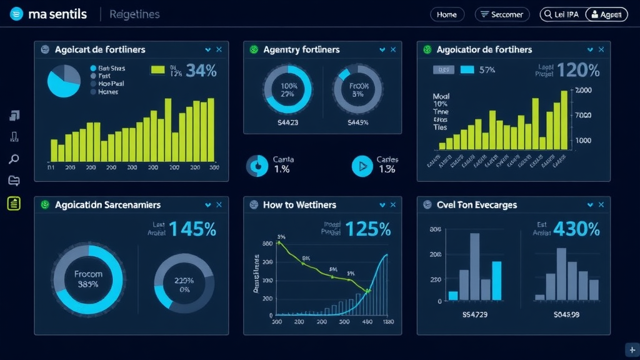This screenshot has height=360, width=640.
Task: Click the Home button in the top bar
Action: pos(447,14)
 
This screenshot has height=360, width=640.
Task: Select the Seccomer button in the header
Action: pos(502,14)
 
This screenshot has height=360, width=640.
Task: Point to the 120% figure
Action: pos(578,71)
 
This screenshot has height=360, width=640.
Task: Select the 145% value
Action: pos(192,229)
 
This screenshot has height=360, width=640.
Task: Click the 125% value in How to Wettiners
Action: pos(367,229)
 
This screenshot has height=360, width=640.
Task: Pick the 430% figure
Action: pos(576,229)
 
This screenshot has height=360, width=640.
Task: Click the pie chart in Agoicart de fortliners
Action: pos(64,81)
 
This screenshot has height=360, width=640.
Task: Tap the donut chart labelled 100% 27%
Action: pos(288,89)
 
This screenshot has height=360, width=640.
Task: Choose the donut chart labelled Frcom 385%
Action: pos(88,278)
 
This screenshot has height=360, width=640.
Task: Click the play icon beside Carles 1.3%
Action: pos(362,166)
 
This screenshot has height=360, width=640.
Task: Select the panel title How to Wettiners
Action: pos(299,205)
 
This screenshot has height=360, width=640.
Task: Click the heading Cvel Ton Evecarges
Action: pos(477,205)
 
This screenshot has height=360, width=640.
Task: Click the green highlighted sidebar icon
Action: pos(14,202)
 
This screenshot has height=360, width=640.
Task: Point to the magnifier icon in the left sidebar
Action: pos(14,159)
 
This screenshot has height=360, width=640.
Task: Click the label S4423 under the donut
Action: pos(287,122)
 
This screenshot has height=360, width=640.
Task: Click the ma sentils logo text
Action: pos(57,14)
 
